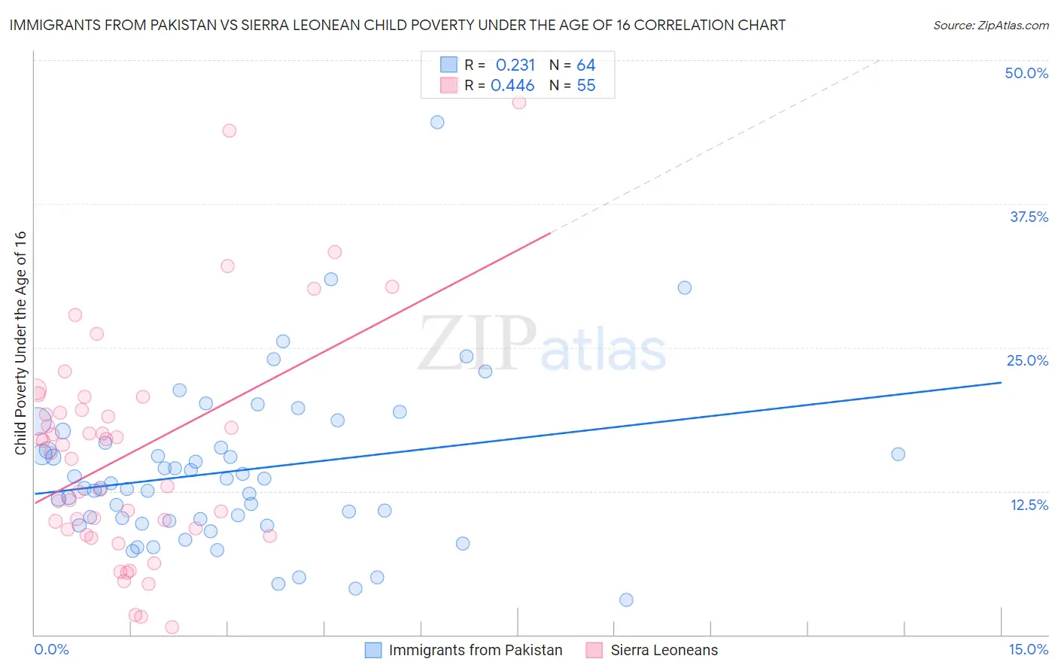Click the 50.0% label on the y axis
pos(1026,73)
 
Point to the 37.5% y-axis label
pos(1029,217)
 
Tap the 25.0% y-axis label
pos(1027,360)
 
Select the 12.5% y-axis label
pos(1029,505)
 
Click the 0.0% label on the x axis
pos(51,649)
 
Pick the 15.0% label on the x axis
pos(1028,649)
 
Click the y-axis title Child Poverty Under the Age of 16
pos(20,342)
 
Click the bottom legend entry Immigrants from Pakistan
pos(475,650)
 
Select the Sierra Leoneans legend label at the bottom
pos(664,650)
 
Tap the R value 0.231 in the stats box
pos(515,65)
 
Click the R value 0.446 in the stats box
pos(512,86)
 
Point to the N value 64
pos(586,65)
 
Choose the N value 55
pos(586,86)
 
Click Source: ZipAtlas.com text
pos(990,25)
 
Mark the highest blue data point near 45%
pos(437,122)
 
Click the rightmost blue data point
pos(898,454)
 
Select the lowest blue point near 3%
pos(626,600)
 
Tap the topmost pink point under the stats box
pos(519,102)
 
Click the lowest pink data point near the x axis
pos(172,627)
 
